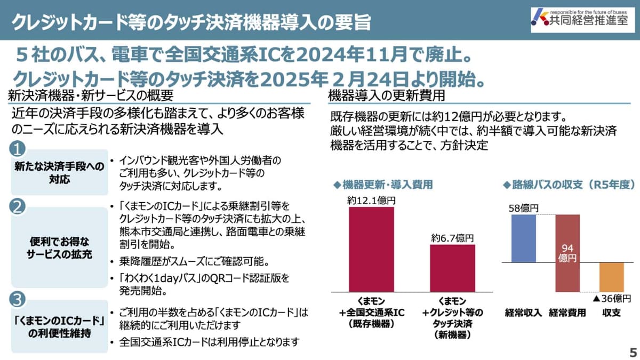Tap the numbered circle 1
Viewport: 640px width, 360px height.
[18, 147]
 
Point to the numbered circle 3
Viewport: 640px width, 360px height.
[18, 300]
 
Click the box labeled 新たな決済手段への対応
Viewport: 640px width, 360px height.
[59, 172]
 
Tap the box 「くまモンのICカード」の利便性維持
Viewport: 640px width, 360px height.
[59, 326]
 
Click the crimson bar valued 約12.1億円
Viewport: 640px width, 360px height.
[371, 249]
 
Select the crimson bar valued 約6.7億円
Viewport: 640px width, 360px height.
[452, 268]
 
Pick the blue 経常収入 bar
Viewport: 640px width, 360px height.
[523, 238]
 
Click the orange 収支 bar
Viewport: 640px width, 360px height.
[611, 277]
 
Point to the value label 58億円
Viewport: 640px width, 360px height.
[524, 208]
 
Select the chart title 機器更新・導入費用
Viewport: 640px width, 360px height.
[382, 185]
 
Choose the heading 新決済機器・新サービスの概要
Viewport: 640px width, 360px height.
[91, 96]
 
